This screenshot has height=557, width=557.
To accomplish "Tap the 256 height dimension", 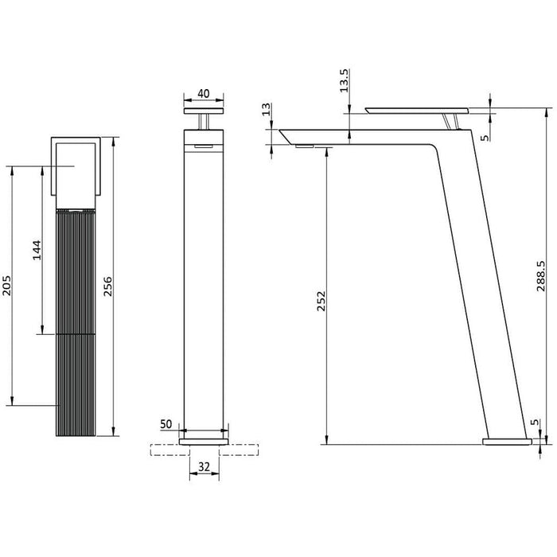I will (x=108, y=287).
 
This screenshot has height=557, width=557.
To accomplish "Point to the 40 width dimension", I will (x=203, y=93).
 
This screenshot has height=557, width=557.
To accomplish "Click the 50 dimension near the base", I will (x=166, y=425).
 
